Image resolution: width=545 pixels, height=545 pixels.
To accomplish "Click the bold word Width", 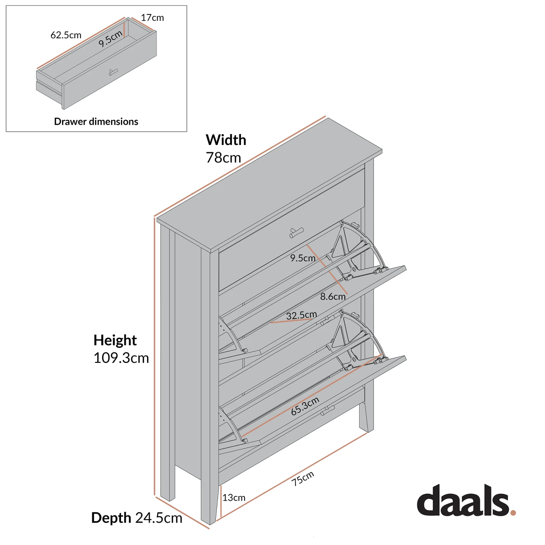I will point(226,140).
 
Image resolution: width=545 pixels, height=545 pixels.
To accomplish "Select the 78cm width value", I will point(223,158).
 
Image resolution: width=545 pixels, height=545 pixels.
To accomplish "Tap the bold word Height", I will point(115,340).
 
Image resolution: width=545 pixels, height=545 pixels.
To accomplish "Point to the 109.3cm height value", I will point(121,358).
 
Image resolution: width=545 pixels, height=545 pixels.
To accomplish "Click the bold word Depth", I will point(111,518).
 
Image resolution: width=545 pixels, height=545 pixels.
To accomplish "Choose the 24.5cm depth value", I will point(159,518).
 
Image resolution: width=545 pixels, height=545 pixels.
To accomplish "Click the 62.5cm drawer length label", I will point(66,35).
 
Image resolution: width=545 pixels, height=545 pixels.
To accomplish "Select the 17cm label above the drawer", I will point(152,17).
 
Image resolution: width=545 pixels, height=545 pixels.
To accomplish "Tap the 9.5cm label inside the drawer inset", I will point(110,39).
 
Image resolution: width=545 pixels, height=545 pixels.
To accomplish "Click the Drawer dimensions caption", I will point(96,121).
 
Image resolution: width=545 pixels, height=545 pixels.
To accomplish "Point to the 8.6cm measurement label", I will point(333,296).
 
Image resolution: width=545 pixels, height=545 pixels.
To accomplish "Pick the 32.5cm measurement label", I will point(301,315).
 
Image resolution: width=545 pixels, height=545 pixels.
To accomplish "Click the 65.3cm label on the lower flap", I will point(305,406).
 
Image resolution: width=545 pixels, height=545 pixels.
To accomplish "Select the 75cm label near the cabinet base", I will point(302,479).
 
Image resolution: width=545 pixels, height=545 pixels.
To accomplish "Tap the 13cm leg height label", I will point(234,497).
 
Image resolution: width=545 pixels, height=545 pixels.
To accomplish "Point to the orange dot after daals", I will point(513,512).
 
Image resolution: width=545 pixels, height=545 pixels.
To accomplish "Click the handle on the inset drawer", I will point(113,72).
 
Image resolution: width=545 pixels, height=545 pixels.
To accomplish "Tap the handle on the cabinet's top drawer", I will point(296,233).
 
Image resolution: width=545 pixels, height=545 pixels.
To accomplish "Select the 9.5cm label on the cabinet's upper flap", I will point(303,258).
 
